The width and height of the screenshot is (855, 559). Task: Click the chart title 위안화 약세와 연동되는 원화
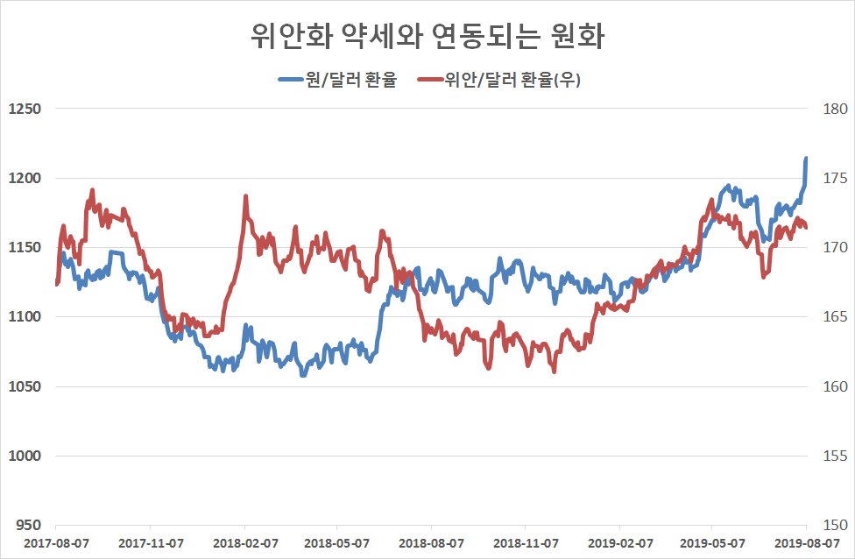click(x=427, y=37)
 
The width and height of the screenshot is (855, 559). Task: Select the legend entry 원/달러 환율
click(x=337, y=80)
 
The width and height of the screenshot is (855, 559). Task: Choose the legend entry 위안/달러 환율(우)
click(x=499, y=80)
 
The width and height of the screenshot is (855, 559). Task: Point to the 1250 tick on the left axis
click(x=25, y=109)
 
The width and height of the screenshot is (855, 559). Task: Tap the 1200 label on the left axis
click(x=25, y=178)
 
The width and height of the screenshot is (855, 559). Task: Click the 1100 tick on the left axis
click(x=25, y=316)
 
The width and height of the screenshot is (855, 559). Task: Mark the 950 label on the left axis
click(x=28, y=525)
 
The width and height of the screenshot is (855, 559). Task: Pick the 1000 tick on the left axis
click(x=25, y=456)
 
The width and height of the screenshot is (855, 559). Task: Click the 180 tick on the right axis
click(x=836, y=109)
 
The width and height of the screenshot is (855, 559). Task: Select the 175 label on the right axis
click(x=836, y=178)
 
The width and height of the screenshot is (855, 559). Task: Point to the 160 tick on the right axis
click(x=836, y=386)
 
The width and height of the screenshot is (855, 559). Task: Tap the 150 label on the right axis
click(x=836, y=525)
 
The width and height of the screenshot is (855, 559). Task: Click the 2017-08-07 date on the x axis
click(x=56, y=544)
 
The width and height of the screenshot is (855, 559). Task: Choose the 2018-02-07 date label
click(x=245, y=544)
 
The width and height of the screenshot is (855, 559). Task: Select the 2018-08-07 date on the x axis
click(x=431, y=544)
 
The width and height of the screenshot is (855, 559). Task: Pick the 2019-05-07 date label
click(x=712, y=544)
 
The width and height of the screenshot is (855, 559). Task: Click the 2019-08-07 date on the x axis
click(x=807, y=544)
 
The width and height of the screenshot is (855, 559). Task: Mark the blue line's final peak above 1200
click(x=806, y=159)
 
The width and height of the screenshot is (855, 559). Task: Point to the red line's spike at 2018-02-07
click(x=246, y=196)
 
